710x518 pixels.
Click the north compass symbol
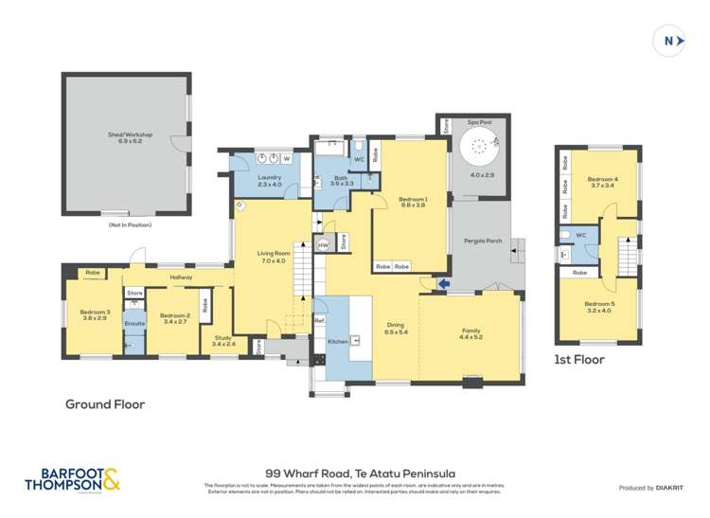669,41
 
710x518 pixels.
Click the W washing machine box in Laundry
286,158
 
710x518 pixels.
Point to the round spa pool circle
477,147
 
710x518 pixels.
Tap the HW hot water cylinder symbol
323,245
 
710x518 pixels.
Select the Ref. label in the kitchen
319,321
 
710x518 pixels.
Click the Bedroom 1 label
414,199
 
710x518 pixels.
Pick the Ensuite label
134,324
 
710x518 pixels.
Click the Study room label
222,338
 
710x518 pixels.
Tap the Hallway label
182,277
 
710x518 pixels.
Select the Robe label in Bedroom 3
93,273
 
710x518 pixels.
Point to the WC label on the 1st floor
581,235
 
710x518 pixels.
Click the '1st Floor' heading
578,360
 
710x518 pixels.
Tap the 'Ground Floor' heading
104,403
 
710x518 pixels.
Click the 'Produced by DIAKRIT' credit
651,488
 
